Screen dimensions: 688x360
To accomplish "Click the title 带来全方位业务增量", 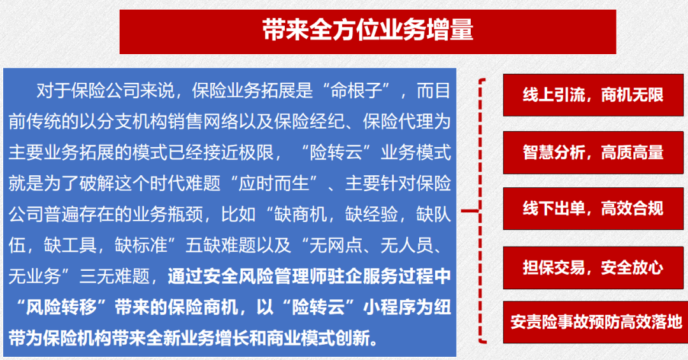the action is coord(368,31).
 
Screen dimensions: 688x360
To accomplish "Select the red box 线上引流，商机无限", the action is coord(593,95).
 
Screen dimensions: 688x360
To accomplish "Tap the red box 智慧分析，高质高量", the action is coord(593,152).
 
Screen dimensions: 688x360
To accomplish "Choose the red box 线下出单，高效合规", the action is coord(593,208).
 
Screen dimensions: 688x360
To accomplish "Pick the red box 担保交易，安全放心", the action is coord(593,268).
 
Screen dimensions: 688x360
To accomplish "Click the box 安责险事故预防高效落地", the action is coord(596,322).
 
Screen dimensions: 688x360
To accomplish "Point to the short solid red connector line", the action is coord(470,211).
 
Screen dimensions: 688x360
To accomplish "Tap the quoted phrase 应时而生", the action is coord(274,184).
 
